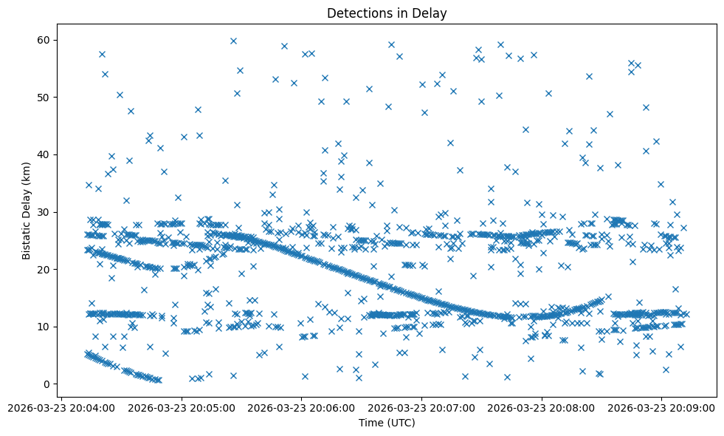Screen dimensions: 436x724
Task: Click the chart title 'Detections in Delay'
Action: point(387,13)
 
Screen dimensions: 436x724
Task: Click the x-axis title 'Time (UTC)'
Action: point(387,423)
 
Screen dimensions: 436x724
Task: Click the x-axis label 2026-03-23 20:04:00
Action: point(61,407)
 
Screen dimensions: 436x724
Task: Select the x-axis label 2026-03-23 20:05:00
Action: point(182,407)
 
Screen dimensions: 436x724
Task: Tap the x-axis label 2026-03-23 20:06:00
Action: point(302,407)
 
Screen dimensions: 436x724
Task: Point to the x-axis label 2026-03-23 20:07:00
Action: point(422,407)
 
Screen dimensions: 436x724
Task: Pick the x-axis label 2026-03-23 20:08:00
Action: point(542,407)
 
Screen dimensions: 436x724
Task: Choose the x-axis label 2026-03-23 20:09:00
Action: point(662,407)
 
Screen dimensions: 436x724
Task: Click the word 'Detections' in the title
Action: point(357,13)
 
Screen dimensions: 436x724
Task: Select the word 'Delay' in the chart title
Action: point(432,13)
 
